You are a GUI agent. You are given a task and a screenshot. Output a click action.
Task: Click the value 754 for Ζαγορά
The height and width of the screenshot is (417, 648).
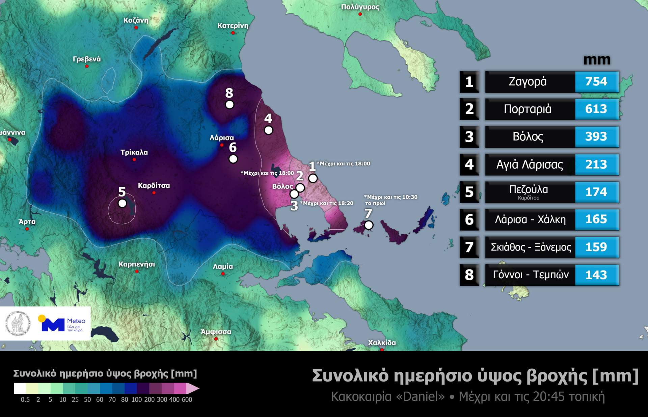click(x=596, y=81)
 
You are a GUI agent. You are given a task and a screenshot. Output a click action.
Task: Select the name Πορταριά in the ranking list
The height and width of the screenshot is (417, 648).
click(x=528, y=109)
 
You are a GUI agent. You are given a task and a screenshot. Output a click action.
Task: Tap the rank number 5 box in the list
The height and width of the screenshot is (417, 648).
click(x=469, y=192)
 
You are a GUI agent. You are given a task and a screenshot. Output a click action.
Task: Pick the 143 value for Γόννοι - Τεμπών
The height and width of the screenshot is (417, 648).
click(x=596, y=275)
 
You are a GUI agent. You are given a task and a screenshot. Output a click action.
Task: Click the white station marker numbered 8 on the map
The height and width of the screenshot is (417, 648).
click(x=230, y=105)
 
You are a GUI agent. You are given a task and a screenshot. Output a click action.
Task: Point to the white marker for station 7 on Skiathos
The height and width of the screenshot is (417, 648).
click(x=369, y=225)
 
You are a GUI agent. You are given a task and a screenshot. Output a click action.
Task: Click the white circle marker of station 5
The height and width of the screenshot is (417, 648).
click(x=122, y=203)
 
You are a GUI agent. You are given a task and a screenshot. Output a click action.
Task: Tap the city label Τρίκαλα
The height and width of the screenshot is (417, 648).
click(x=134, y=152)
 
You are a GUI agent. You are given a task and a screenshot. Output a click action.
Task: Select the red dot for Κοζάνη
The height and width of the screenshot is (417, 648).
click(x=136, y=28)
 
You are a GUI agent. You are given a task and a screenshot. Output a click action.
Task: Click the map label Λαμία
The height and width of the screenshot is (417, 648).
click(x=223, y=266)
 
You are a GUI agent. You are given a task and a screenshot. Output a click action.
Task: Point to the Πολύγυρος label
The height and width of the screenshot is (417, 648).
click(x=360, y=7)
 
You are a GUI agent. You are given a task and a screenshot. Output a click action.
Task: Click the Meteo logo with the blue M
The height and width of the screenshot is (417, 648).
click(x=62, y=324)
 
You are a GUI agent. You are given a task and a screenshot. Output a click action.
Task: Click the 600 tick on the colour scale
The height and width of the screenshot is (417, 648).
click(x=187, y=399)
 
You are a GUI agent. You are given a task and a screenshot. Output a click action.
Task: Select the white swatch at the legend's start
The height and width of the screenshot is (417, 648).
click(x=20, y=388)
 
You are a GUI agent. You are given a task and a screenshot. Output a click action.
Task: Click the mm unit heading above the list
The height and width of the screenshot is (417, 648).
click(x=597, y=60)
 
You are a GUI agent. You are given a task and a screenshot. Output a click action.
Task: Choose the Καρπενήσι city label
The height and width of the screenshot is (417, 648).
click(x=137, y=264)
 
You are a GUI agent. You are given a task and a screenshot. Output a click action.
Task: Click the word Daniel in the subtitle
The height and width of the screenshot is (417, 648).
click(x=424, y=396)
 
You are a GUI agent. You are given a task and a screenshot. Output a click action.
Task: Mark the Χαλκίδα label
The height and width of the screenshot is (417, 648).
click(x=382, y=342)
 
